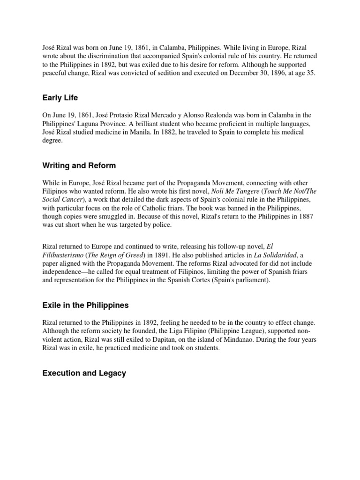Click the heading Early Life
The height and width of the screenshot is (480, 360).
(x=60, y=98)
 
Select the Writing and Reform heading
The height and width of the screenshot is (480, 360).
(x=79, y=165)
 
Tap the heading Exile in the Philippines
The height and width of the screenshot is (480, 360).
(x=85, y=305)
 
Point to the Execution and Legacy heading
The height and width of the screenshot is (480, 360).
(x=84, y=373)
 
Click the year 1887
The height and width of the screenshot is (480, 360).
(x=305, y=217)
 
